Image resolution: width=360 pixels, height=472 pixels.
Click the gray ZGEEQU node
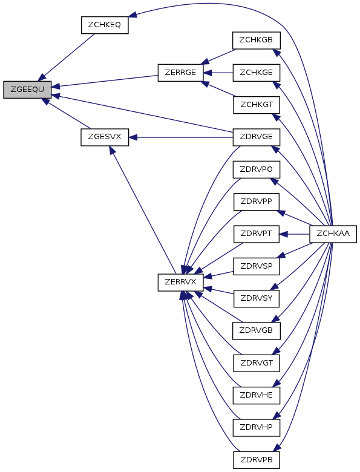(27, 90)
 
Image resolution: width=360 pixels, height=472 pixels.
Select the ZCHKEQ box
(105, 25)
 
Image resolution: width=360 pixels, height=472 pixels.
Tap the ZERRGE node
(180, 73)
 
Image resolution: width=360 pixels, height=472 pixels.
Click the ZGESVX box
(105, 137)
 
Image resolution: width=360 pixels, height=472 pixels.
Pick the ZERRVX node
(180, 283)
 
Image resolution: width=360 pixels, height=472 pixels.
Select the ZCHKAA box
(333, 234)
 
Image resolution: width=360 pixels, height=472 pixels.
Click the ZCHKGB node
(257, 41)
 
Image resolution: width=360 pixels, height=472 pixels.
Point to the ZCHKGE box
(257, 73)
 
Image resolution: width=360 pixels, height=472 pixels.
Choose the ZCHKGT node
(257, 105)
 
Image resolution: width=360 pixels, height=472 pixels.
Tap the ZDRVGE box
(257, 137)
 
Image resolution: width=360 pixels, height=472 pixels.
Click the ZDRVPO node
(257, 169)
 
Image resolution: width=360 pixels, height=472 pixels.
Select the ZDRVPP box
(257, 202)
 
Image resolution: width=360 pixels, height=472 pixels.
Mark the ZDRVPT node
(257, 234)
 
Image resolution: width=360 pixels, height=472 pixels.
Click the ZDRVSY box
(257, 298)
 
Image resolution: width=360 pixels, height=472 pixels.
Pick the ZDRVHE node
(257, 395)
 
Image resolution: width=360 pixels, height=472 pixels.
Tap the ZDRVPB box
(257, 460)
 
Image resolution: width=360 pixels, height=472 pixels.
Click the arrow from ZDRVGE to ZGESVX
(181, 137)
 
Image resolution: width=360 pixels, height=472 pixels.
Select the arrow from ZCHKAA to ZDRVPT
(295, 234)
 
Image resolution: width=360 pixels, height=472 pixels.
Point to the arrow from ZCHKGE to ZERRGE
(218, 73)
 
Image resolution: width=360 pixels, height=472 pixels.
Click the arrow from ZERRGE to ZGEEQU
(105, 81)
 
